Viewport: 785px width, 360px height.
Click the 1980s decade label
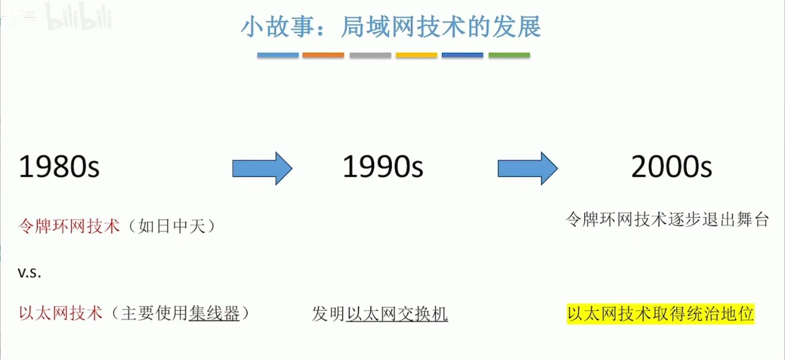pyautogui.click(x=59, y=166)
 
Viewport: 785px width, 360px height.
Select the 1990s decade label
pyautogui.click(x=382, y=166)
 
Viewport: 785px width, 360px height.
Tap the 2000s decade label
pyautogui.click(x=671, y=166)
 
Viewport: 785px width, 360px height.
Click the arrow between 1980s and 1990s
pyautogui.click(x=262, y=168)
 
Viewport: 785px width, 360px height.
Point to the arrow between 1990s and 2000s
pyautogui.click(x=528, y=168)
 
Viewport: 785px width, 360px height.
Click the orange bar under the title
pyautogui.click(x=323, y=55)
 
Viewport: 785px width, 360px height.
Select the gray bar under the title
pyautogui.click(x=370, y=55)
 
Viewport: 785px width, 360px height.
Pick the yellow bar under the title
pyautogui.click(x=416, y=55)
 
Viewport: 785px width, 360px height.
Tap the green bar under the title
pyautogui.click(x=509, y=55)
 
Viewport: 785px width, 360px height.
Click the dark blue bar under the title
pyautogui.click(x=462, y=55)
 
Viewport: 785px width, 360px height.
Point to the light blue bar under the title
pyautogui.click(x=278, y=55)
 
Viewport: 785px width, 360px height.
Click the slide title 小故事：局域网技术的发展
pyautogui.click(x=391, y=27)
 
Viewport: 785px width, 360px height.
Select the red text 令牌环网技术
pyautogui.click(x=69, y=226)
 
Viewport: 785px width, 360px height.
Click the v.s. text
pyautogui.click(x=29, y=272)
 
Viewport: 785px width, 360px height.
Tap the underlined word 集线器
pyautogui.click(x=214, y=313)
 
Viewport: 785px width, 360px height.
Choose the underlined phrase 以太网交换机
pyautogui.click(x=397, y=314)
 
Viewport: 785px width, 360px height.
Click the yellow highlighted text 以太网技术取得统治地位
pyautogui.click(x=660, y=314)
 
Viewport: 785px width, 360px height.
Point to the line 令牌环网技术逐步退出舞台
pyautogui.click(x=667, y=219)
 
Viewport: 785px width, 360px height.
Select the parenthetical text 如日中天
pyautogui.click(x=172, y=226)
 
